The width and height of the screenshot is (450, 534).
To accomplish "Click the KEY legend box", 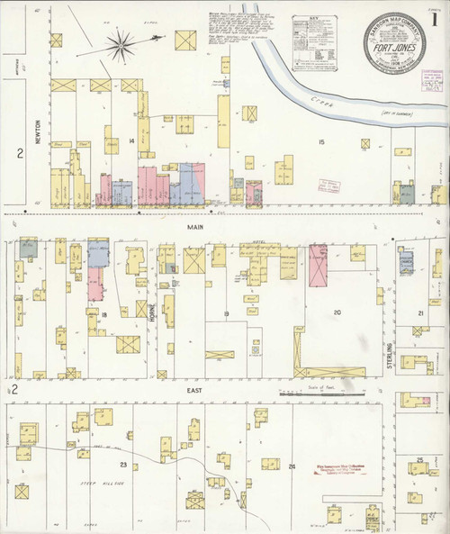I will [x=314, y=35].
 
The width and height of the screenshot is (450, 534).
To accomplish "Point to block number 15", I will [x=319, y=142].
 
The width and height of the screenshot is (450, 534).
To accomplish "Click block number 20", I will [x=337, y=312].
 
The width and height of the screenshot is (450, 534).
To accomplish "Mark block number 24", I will [x=292, y=466].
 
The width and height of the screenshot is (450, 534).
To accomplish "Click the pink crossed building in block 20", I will [x=319, y=266].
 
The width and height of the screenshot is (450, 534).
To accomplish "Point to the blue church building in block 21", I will [x=406, y=262].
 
